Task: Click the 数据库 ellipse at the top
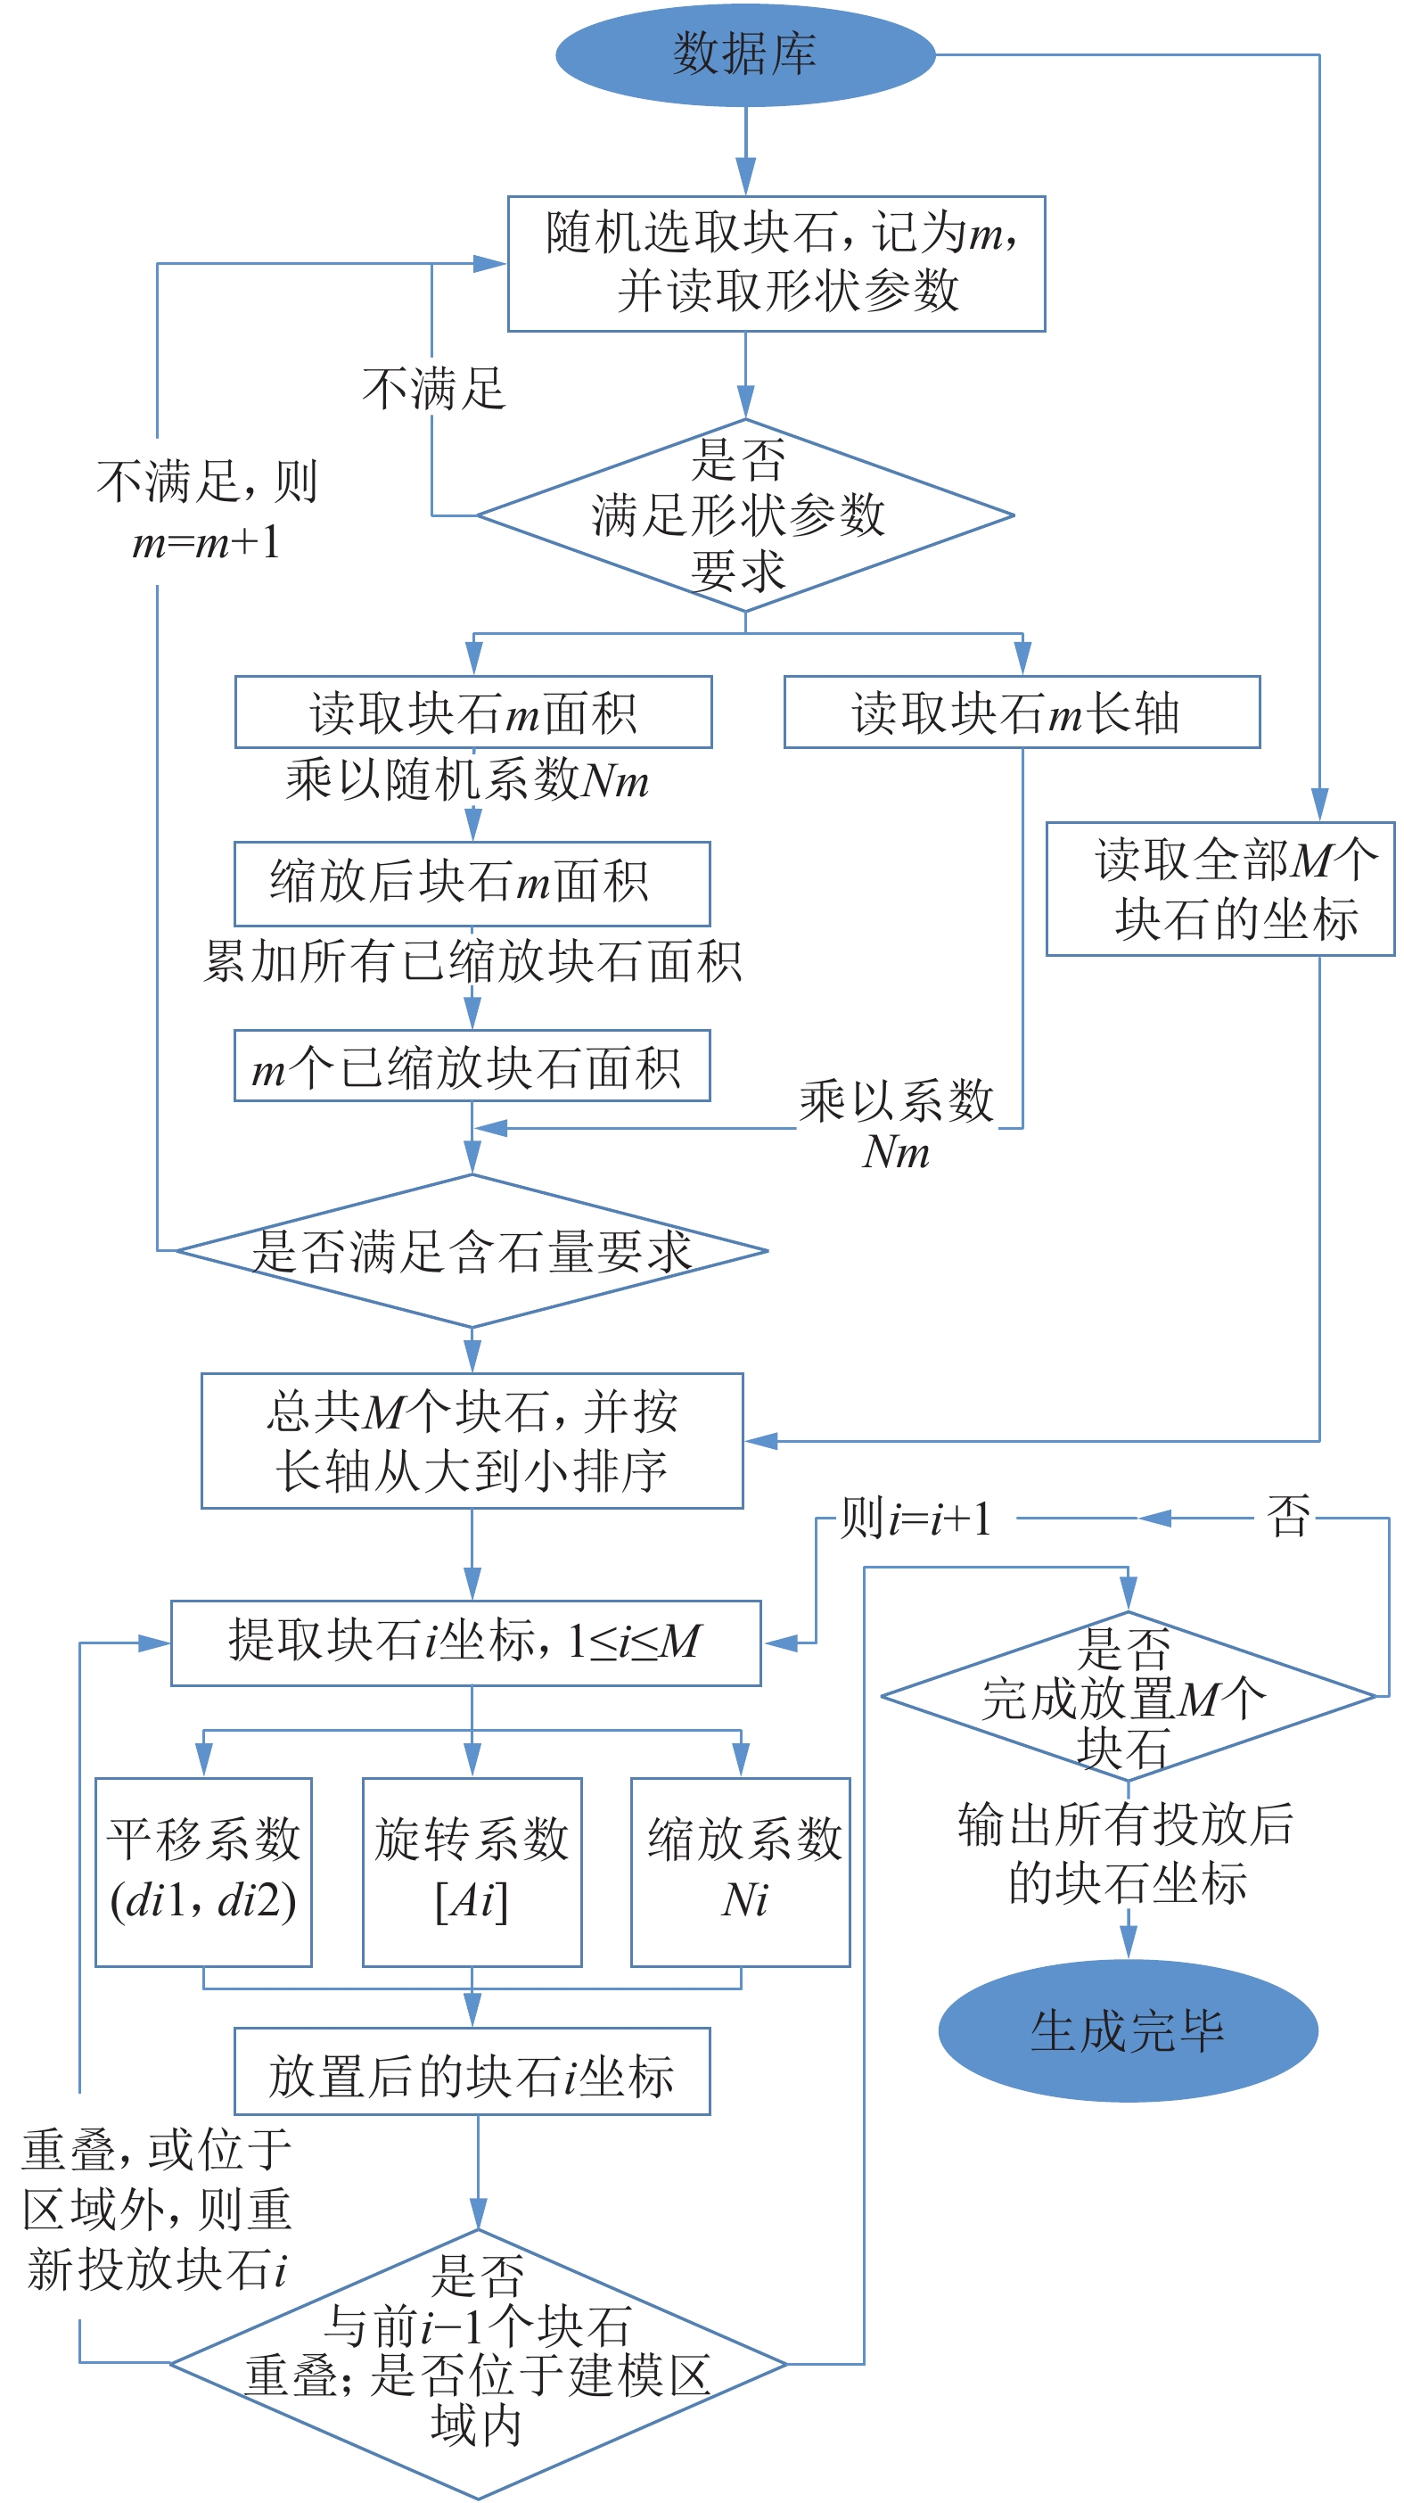point(744,54)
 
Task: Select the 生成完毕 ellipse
point(1127,2030)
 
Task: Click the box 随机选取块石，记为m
point(776,263)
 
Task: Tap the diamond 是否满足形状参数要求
point(744,515)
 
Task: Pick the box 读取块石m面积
point(473,712)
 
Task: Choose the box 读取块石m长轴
point(1022,712)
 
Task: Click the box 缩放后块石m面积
point(472,884)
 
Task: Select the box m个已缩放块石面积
point(472,1066)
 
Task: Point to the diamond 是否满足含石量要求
point(472,1250)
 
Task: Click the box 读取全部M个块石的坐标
point(1219,889)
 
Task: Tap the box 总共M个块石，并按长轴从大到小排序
point(472,1440)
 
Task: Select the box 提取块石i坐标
point(465,1643)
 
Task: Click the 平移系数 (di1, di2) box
point(203,1872)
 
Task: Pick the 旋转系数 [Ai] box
point(472,1872)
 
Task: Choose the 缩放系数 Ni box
point(741,1872)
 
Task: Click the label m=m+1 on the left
point(206,541)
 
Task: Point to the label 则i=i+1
point(915,1518)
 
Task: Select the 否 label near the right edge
point(1287,1517)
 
